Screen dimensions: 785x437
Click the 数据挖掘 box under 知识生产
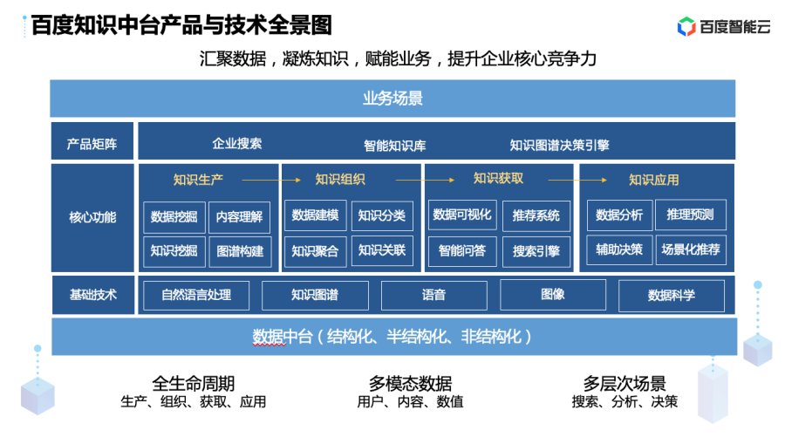pyautogui.click(x=174, y=217)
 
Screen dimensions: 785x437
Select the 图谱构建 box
pyautogui.click(x=241, y=251)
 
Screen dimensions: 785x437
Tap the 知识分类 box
pyautogui.click(x=382, y=215)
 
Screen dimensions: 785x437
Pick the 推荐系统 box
pyautogui.click(x=536, y=215)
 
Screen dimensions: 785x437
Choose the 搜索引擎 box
pyautogui.click(x=536, y=251)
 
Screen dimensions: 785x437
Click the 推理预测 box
pyautogui.click(x=691, y=215)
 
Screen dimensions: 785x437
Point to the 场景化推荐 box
pyautogui.click(x=691, y=249)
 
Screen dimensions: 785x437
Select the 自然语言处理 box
pyautogui.click(x=196, y=296)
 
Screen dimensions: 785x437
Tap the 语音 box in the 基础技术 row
pyautogui.click(x=434, y=296)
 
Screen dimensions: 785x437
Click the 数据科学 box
pyautogui.click(x=672, y=296)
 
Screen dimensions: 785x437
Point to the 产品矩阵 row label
pyautogui.click(x=92, y=144)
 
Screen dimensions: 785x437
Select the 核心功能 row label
pyautogui.click(x=92, y=217)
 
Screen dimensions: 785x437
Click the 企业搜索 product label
pyautogui.click(x=236, y=144)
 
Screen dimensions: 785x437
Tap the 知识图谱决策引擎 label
pyautogui.click(x=559, y=145)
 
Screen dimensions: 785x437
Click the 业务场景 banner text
pyautogui.click(x=392, y=98)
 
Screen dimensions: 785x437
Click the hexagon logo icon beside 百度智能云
pyautogui.click(x=686, y=26)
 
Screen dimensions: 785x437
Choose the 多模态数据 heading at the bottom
pyautogui.click(x=411, y=384)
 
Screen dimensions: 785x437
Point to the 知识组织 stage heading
pyautogui.click(x=340, y=179)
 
